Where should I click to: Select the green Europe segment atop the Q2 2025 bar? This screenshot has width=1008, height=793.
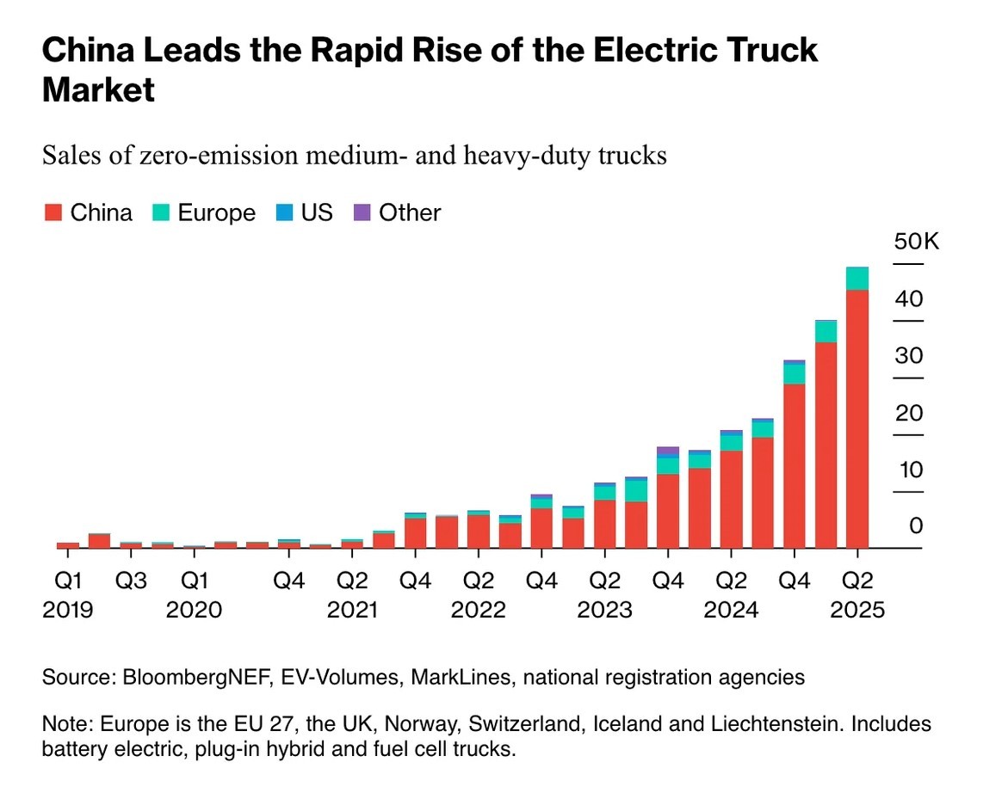click(856, 279)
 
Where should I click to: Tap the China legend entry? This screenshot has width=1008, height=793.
click(89, 212)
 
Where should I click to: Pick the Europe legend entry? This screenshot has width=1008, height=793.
click(205, 212)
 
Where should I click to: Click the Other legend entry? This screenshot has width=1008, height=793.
click(398, 212)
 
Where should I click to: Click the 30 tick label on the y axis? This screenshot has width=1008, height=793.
click(908, 355)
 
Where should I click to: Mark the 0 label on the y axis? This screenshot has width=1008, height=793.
click(916, 526)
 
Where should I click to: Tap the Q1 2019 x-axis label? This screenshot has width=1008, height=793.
click(67, 581)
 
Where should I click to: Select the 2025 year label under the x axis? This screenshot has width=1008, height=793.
click(856, 610)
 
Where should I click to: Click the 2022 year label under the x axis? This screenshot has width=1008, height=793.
click(478, 610)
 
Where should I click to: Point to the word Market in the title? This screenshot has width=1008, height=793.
click(98, 89)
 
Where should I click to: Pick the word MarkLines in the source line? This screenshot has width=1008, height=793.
click(460, 678)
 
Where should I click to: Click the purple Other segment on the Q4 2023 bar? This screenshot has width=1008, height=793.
click(667, 451)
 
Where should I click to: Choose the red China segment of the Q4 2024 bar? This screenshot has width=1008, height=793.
click(794, 465)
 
